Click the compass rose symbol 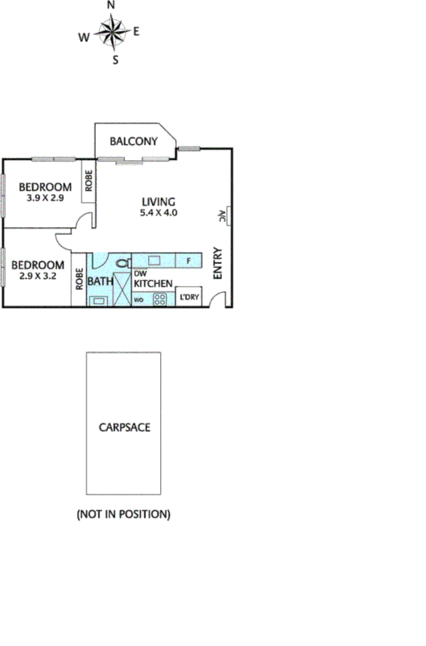(x=111, y=32)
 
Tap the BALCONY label (x=133, y=141)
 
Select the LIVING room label (x=158, y=201)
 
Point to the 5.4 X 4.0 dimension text (x=158, y=213)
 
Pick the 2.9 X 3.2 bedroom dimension (x=37, y=277)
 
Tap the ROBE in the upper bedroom (x=89, y=181)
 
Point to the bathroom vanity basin (x=98, y=300)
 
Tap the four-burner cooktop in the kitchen (x=160, y=299)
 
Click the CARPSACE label (x=124, y=428)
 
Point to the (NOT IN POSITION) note (x=123, y=514)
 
